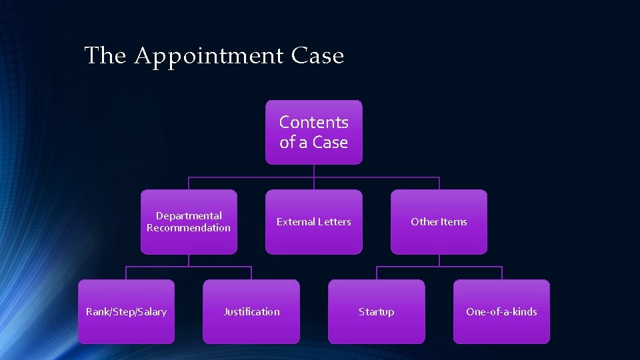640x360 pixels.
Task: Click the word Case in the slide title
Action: pos(317,56)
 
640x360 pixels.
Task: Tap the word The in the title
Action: pos(105,56)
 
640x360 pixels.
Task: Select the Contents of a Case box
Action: pos(314,132)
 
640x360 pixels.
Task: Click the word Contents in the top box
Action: pos(314,123)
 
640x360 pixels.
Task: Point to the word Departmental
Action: pos(189,216)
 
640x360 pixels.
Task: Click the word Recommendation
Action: pos(189,228)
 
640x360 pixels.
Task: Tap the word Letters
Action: pos(331,222)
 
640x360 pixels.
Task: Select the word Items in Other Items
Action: pos(453,222)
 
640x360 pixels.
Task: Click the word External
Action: pos(294,222)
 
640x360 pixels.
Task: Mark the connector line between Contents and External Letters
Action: pos(314,177)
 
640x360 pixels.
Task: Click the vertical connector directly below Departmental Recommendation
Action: pos(189,261)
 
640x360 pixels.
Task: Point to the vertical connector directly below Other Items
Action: pos(439,261)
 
